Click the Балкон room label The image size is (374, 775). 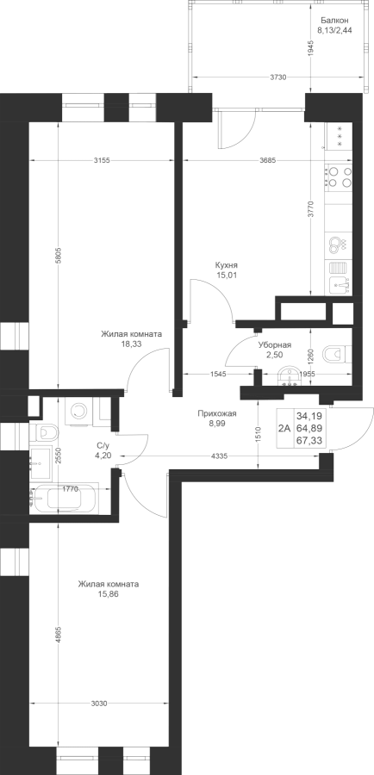334,21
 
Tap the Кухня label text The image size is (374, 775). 226,266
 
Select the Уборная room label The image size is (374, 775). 275,345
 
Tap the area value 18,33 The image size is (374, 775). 131,344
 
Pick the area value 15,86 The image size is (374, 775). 109,594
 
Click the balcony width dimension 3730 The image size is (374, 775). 277,77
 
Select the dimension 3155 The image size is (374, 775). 101,159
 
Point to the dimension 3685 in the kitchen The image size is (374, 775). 268,159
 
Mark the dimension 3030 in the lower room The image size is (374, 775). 99,704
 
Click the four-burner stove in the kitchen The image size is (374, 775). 339,177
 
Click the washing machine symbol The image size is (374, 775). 78,410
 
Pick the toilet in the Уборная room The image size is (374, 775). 337,353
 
